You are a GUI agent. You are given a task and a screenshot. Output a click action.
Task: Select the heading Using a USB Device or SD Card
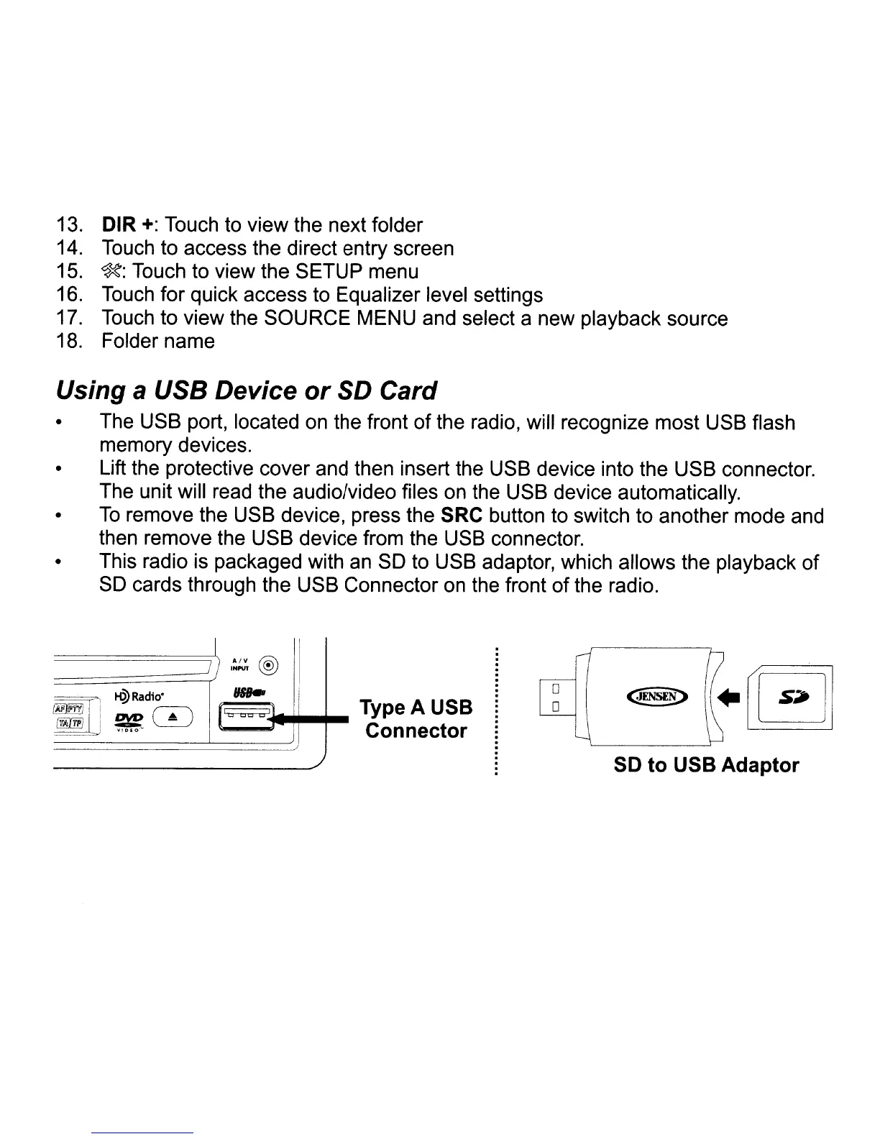246,390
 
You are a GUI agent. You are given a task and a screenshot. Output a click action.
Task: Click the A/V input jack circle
268,665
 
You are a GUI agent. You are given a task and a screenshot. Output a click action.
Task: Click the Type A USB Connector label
416,719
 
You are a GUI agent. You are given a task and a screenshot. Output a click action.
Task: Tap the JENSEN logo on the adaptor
657,696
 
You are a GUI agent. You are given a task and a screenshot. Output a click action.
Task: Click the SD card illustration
789,697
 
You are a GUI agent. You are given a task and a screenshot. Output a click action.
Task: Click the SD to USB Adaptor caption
706,765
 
